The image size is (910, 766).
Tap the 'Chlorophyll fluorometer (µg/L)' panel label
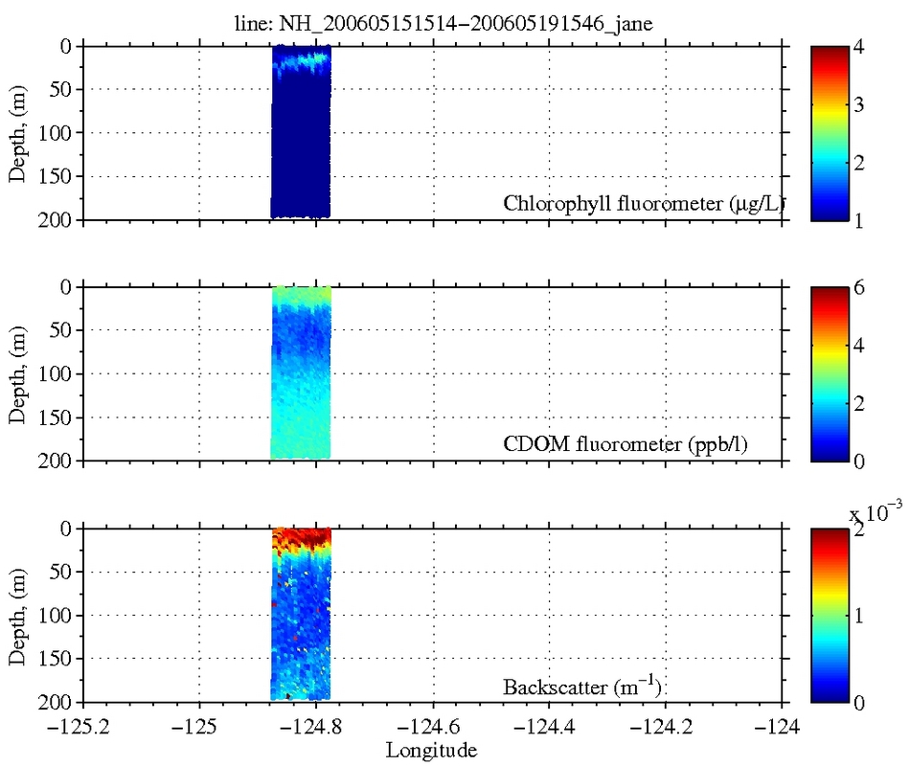click(x=637, y=204)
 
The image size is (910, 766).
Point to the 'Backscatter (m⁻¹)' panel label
click(x=583, y=687)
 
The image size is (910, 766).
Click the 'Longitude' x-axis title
click(x=431, y=750)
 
